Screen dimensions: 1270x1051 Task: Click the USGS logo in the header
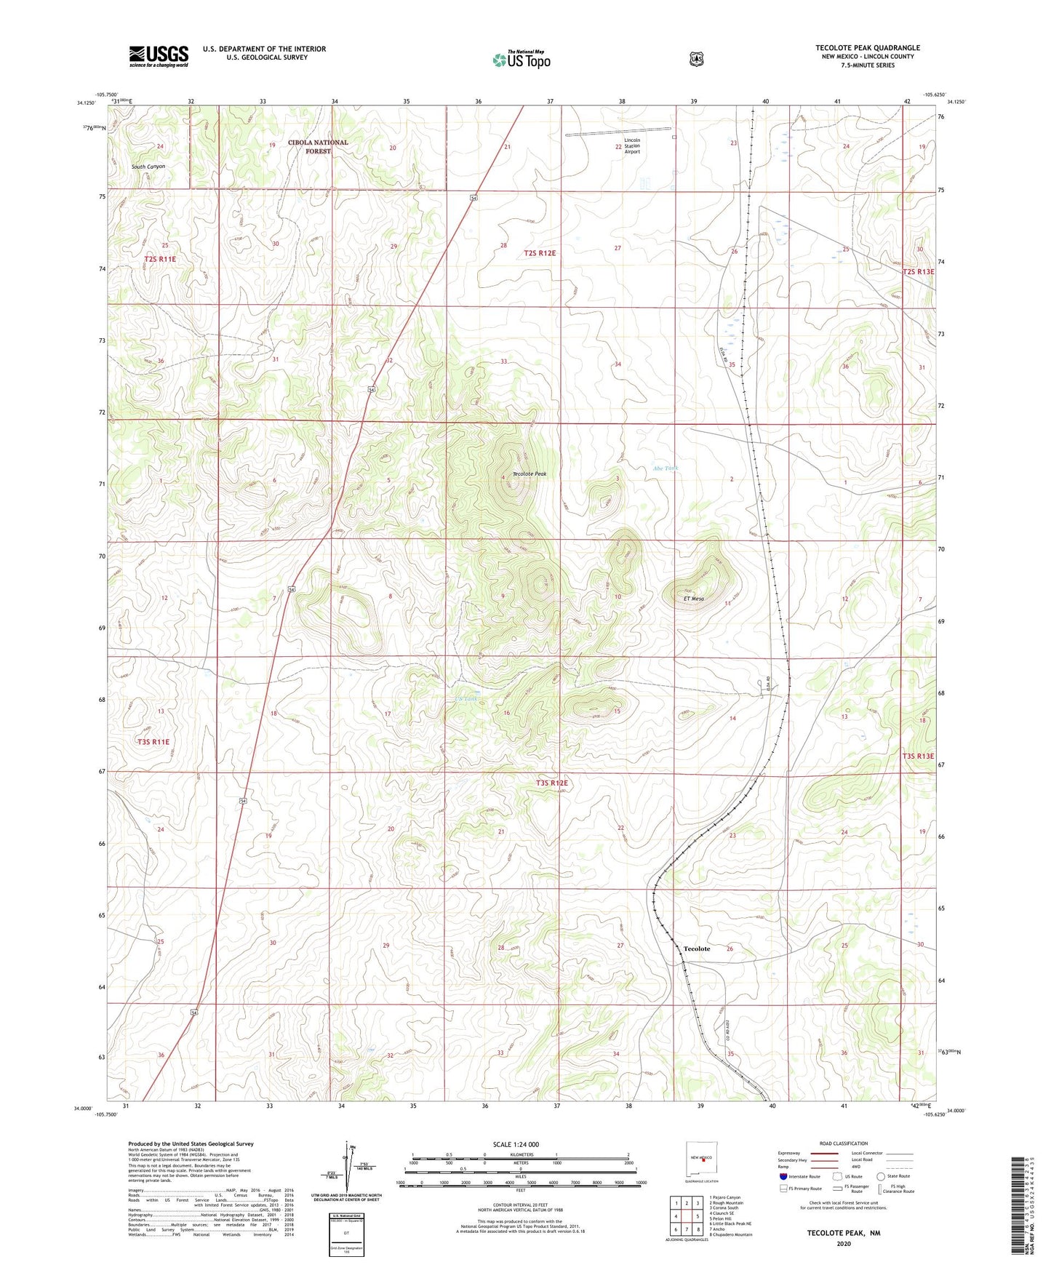tap(159, 55)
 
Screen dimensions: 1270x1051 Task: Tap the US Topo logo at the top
tap(521, 59)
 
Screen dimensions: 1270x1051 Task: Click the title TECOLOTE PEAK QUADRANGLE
tap(867, 48)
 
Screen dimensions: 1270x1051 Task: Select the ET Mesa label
tap(693, 599)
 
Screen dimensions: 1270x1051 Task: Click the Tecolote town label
tap(697, 948)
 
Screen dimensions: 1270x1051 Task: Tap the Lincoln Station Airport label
tap(632, 145)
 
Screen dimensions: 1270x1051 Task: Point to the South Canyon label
tap(148, 167)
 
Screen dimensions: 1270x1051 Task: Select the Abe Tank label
tap(665, 468)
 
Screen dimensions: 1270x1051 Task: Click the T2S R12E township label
tap(540, 253)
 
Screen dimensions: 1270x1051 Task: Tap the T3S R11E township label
tap(153, 742)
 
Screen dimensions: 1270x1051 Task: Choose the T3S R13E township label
tap(918, 756)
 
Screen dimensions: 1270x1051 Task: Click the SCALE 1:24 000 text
tap(516, 1144)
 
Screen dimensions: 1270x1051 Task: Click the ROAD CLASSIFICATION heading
tap(843, 1143)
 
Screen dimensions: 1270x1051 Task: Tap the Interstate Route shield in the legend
tap(783, 1175)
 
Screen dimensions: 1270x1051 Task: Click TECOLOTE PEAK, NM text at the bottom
tap(843, 1233)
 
